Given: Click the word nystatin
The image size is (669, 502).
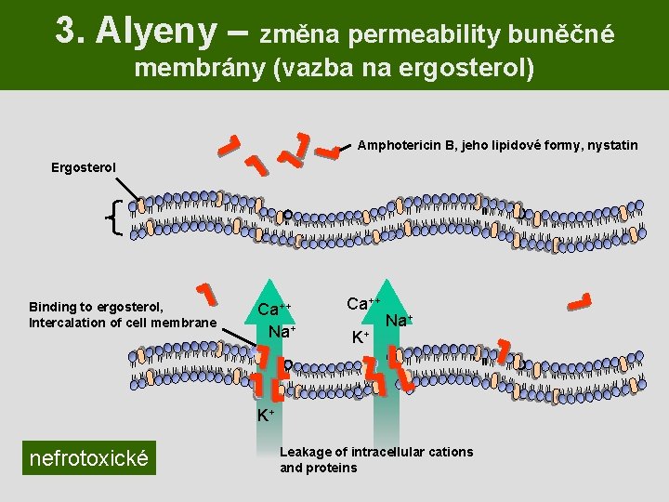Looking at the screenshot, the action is pos(611,145).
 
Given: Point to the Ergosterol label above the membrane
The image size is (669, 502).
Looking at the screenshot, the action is pos(84,167).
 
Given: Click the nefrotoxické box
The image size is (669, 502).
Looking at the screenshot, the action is pos(89,457).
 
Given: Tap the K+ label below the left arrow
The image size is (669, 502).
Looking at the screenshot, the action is pos(266,414).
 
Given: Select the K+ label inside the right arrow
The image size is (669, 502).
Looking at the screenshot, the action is pos(361,336).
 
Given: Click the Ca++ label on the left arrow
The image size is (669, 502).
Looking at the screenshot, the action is pos(274,310).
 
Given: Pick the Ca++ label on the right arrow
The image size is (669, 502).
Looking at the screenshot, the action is pos(364,303).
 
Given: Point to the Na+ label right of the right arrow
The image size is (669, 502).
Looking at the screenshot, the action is pos(399,321).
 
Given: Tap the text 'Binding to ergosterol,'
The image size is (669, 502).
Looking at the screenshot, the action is pos(97,307).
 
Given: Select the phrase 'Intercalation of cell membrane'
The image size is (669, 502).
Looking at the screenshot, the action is pos(123,324).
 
